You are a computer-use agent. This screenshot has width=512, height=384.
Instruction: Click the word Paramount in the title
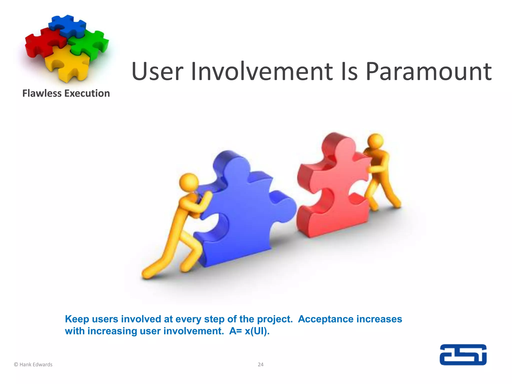pyautogui.click(x=428, y=72)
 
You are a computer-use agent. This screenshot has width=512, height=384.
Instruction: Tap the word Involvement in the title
pyautogui.click(x=262, y=72)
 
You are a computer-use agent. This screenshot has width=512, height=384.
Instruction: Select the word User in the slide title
pyautogui.click(x=157, y=72)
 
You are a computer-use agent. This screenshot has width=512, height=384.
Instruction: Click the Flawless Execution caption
pyautogui.click(x=66, y=93)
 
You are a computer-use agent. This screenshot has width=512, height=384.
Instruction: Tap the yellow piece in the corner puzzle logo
pyautogui.click(x=67, y=62)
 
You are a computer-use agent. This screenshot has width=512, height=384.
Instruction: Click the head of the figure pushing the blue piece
pyautogui.click(x=189, y=182)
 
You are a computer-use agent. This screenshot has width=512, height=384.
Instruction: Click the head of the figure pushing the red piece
pyautogui.click(x=376, y=141)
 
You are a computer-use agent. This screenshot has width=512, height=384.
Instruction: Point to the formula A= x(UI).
pyautogui.click(x=249, y=331)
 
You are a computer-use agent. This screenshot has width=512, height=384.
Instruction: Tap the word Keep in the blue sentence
pyautogui.click(x=77, y=319)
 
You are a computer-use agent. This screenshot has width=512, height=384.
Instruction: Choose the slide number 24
pyautogui.click(x=260, y=364)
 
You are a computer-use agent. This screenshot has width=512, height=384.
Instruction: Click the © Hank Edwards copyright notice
pyautogui.click(x=33, y=364)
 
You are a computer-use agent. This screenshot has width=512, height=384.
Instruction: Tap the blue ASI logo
pyautogui.click(x=463, y=355)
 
